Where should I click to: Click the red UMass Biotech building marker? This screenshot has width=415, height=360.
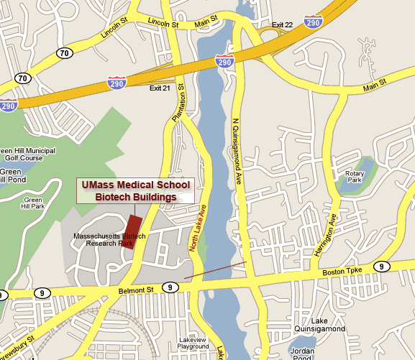tap(134, 229)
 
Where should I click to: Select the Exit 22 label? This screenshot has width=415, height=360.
tap(283, 25)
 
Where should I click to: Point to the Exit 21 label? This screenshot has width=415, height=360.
tap(159, 88)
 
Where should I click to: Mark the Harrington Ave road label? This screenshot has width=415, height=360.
tap(325, 234)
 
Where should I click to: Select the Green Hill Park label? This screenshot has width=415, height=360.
tap(33, 203)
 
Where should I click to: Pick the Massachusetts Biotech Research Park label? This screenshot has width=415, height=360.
tap(109, 239)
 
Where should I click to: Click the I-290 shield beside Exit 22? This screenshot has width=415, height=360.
tap(311, 23)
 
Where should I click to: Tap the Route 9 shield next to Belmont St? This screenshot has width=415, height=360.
tap(170, 287)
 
